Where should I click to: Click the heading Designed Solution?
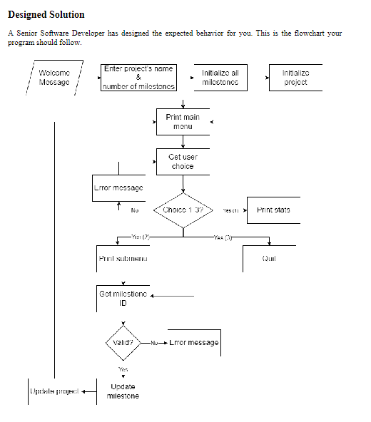pos(46,14)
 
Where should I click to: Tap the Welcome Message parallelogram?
pos(54,77)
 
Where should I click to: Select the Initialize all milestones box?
pos(220,77)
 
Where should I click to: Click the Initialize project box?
pos(295,77)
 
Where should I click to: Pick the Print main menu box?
pos(183,121)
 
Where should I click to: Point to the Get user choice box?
pos(183,161)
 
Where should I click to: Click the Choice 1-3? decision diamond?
pos(183,210)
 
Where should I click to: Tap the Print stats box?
pos(274,210)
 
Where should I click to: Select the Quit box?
pos(269,258)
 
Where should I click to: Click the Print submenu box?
pos(118,258)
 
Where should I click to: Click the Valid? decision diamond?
pos(124,342)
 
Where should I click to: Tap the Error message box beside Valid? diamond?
pos(193,342)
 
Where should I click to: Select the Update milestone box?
pos(123,391)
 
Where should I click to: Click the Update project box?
pos(53,391)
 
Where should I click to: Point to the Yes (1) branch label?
pos(230,211)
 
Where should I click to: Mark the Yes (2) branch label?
pos(140,235)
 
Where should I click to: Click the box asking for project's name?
pos(138,77)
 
